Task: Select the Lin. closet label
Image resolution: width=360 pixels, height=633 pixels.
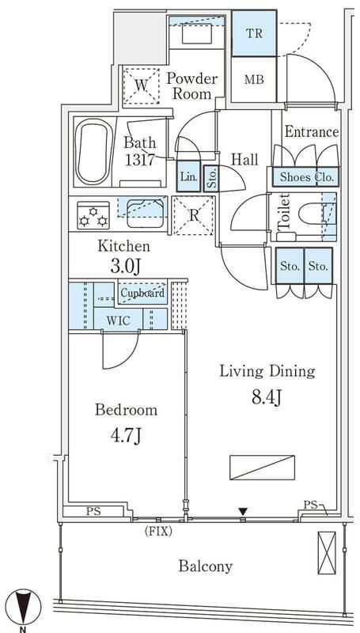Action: coord(188,176)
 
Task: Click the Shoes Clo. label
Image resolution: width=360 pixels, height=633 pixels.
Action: coord(305,177)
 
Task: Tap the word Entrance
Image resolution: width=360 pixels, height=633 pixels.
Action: coord(311,132)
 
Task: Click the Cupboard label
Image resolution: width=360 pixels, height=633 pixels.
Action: coord(142,294)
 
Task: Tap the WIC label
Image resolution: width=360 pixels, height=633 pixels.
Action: coord(119,320)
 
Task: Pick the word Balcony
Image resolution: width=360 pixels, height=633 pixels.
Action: coord(205,566)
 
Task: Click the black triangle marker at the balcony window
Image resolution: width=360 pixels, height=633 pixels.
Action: coord(243,510)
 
